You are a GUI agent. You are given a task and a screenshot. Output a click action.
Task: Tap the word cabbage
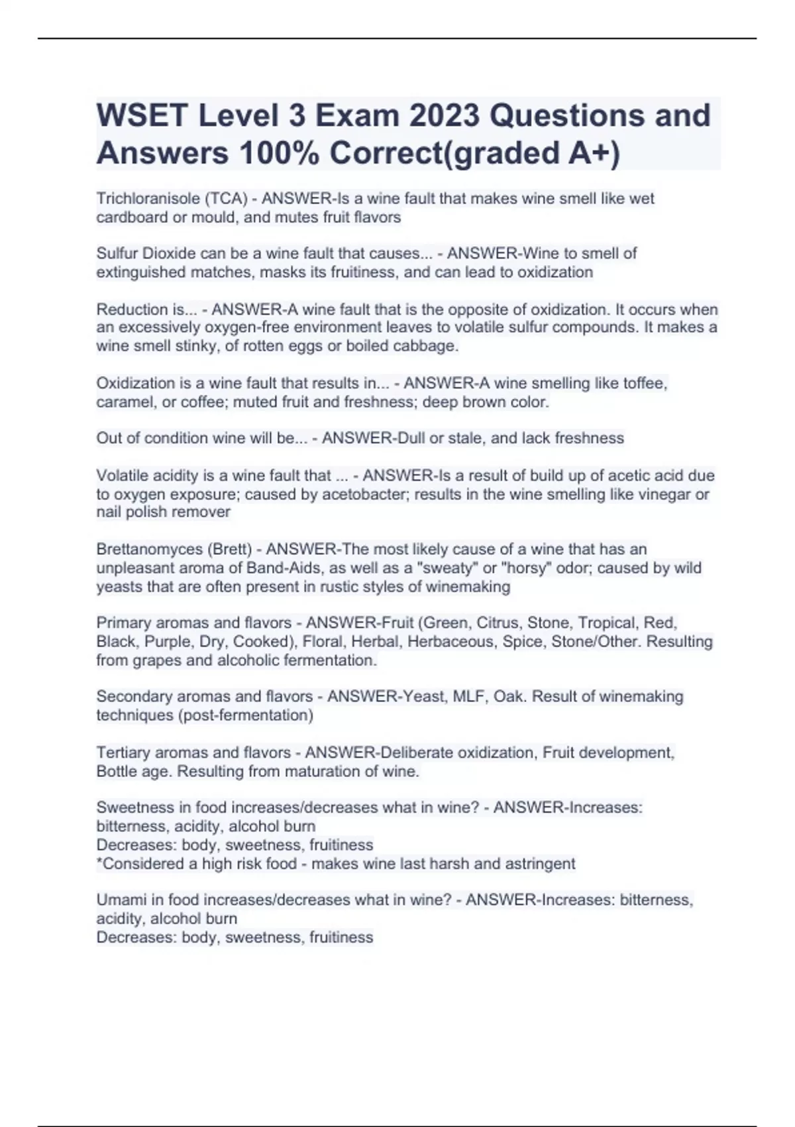click(430, 345)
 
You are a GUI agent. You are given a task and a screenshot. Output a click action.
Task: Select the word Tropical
click(606, 623)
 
